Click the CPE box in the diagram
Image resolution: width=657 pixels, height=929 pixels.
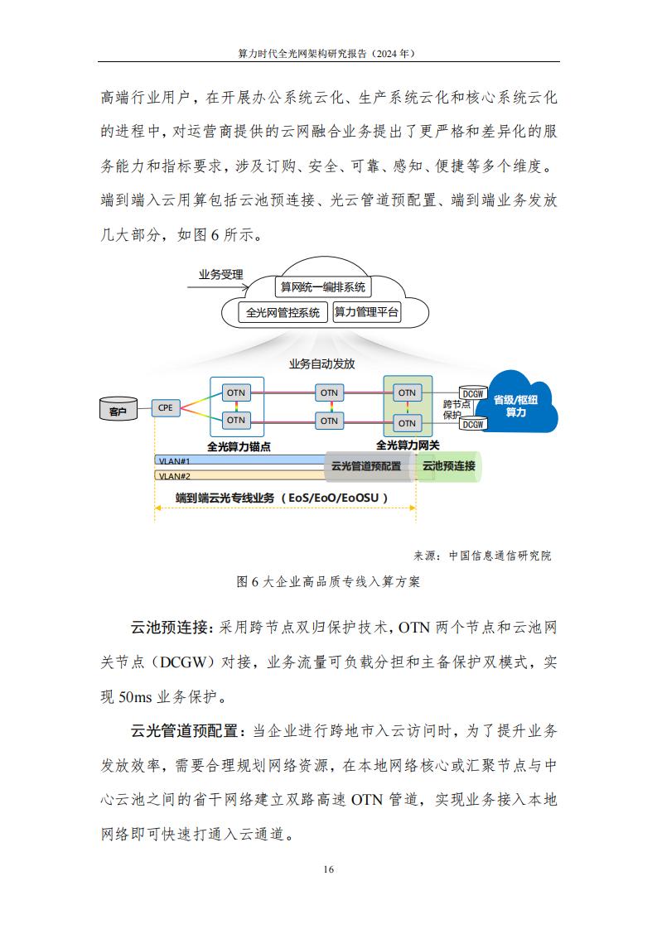tap(166, 407)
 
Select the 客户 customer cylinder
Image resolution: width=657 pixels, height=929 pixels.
tap(118, 410)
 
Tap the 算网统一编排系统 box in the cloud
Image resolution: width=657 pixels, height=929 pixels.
tap(322, 286)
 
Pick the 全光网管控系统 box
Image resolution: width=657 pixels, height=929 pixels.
tap(283, 312)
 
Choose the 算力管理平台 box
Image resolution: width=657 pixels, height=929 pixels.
tap(366, 311)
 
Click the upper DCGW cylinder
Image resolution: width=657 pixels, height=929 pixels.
tap(473, 393)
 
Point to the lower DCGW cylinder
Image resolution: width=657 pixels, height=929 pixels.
tap(473, 424)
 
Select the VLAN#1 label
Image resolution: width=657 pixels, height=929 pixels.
tap(174, 461)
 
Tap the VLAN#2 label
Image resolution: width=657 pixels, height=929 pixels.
tap(174, 476)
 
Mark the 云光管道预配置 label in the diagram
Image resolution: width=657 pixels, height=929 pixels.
tap(366, 465)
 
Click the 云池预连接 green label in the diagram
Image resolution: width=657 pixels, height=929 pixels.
tap(449, 465)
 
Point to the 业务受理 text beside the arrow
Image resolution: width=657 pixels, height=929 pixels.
tap(220, 274)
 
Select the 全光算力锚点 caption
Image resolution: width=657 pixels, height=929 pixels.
tap(239, 446)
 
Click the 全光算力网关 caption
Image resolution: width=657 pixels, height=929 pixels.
tap(408, 445)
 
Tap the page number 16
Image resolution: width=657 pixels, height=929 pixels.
tap(328, 869)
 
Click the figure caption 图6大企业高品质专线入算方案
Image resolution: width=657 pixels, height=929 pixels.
tap(328, 582)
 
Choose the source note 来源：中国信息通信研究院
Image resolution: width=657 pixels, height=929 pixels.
tap(482, 556)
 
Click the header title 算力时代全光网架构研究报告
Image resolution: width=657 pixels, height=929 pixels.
tap(302, 53)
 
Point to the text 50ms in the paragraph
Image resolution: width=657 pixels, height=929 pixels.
tap(135, 697)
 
